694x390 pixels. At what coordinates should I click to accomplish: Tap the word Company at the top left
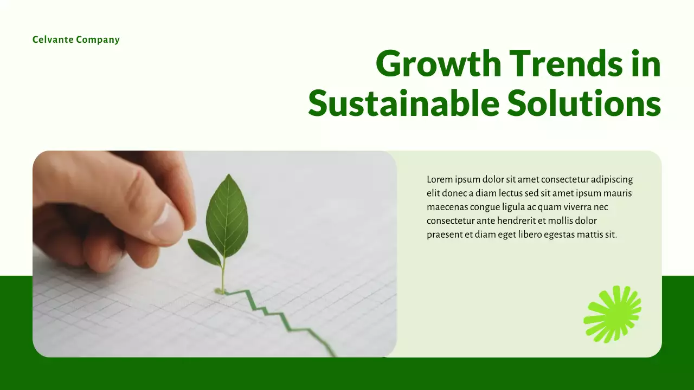pos(98,40)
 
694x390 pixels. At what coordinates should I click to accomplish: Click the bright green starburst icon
pos(612,314)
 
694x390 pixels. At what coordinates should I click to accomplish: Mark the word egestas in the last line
pos(558,235)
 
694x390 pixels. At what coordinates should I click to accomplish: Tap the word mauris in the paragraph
pos(618,193)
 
